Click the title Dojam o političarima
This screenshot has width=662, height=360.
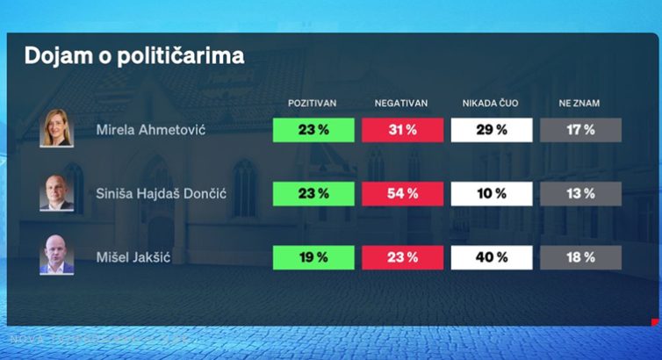pos(134,56)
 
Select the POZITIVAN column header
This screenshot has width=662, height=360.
pos(313,104)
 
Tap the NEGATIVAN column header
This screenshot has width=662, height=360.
pos(402,104)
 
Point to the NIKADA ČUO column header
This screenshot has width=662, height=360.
pos(491,104)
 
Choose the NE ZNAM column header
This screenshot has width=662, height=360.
pos(579,104)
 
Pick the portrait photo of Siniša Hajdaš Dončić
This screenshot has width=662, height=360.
pos(57,193)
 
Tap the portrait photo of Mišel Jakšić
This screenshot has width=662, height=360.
pos(57,257)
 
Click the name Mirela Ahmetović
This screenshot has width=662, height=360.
pos(150,131)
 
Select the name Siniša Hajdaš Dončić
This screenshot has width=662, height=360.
pos(162,194)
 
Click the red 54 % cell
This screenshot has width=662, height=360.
pos(402,194)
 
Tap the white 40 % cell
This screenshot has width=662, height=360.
pos(491,257)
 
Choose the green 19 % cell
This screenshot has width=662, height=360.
pos(313,257)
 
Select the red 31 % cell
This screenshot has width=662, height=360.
pos(402,130)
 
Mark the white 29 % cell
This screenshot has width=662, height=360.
pos(491,130)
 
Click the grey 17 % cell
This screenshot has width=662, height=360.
pos(579,130)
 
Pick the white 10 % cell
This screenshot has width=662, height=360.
pos(491,194)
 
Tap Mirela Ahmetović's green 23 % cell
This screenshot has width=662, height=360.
pos(313,130)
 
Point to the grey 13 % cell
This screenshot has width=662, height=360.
pos(579,194)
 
